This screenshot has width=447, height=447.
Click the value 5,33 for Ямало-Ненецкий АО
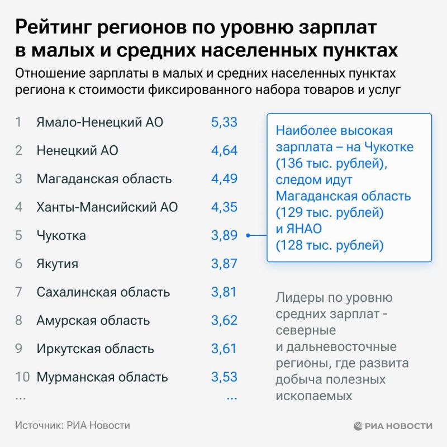point(224,122)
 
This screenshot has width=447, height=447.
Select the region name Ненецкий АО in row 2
point(77,150)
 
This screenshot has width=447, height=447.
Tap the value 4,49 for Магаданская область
point(224,179)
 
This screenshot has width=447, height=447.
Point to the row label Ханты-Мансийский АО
point(107,207)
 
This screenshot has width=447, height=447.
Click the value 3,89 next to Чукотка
point(224,235)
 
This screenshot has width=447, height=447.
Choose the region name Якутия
point(57,264)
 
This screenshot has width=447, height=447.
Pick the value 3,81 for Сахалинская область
point(224,292)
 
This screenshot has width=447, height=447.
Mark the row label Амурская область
point(93,321)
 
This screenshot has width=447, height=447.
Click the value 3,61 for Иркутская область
point(224,349)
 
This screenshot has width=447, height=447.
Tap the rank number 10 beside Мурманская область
point(22,377)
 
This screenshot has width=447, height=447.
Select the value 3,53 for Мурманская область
point(224,377)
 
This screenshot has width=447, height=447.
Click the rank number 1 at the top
point(18,122)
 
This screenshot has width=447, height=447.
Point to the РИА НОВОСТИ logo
point(392,426)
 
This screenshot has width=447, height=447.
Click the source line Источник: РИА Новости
point(73,426)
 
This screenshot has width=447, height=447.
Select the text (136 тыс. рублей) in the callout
point(331,164)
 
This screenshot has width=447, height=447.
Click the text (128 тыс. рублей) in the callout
point(330,245)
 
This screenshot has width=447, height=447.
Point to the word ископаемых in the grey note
point(313,396)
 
